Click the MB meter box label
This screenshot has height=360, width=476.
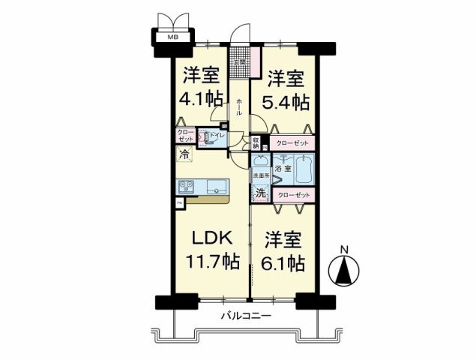coord(173,35)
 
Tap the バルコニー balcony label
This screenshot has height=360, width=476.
coord(246,316)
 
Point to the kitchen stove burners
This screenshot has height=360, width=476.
coord(185,187)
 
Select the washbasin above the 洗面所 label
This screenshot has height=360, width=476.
coord(260,160)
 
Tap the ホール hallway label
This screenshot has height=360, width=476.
coord(239,106)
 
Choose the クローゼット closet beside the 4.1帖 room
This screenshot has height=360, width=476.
coord(185,136)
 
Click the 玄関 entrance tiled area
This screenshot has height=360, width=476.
coord(241,56)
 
